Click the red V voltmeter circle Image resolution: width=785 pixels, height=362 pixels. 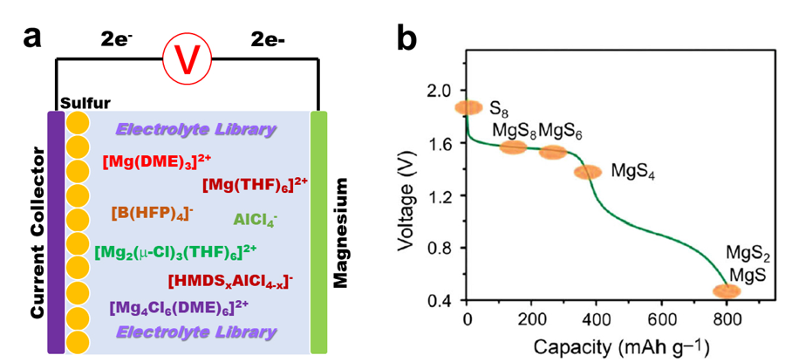click(x=184, y=60)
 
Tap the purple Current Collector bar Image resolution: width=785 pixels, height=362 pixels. click(x=56, y=231)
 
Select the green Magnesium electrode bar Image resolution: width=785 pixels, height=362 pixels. click(x=319, y=231)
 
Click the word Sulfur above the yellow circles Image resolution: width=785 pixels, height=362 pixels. click(x=83, y=104)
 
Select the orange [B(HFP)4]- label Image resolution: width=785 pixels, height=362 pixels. click(x=153, y=212)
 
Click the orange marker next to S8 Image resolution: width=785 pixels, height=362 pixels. click(x=468, y=107)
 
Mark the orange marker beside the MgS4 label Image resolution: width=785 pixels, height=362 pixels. click(x=588, y=172)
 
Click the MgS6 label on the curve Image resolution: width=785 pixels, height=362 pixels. click(x=560, y=131)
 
